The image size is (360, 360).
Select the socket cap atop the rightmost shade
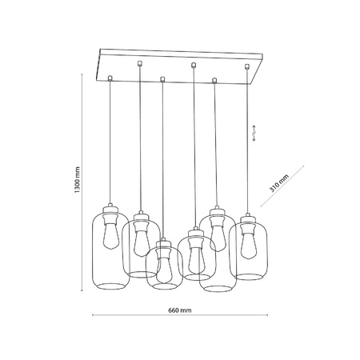tap(248, 218)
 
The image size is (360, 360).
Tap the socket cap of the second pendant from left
tap(141, 215)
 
